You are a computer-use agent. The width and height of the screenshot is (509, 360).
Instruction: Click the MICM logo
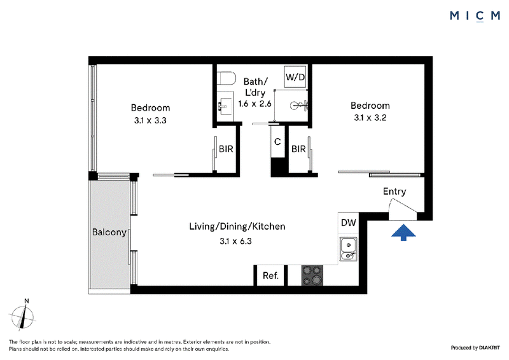pos(475,16)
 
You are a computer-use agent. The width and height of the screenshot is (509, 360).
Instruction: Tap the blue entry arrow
pos(403,232)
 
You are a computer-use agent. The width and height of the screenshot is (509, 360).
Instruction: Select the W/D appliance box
pos(295,77)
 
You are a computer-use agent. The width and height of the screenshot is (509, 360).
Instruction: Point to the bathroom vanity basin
pos(225,105)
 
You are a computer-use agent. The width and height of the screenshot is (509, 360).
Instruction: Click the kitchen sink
pos(348,249)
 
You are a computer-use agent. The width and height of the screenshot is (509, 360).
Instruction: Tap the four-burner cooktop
pos(312,275)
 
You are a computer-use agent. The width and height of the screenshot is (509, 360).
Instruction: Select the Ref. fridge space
pos(270,275)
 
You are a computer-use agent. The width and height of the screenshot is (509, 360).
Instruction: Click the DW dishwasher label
pos(349,223)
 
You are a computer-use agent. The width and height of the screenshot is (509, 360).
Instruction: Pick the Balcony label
pos(109,232)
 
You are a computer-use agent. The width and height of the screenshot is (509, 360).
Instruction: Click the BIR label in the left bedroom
pos(226,149)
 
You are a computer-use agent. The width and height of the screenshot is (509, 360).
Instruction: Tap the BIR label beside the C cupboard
pos(298,149)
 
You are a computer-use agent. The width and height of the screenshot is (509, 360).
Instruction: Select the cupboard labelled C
pos(277,142)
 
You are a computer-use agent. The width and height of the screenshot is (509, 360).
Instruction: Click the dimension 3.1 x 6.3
pos(235,241)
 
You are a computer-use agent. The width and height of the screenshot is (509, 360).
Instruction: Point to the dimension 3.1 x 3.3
pos(150,120)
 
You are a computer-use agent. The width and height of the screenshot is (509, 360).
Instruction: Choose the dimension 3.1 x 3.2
pos(370,118)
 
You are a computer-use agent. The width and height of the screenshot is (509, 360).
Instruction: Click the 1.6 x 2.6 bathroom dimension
pos(255,104)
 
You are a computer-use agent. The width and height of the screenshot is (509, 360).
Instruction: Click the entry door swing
pos(403,210)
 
